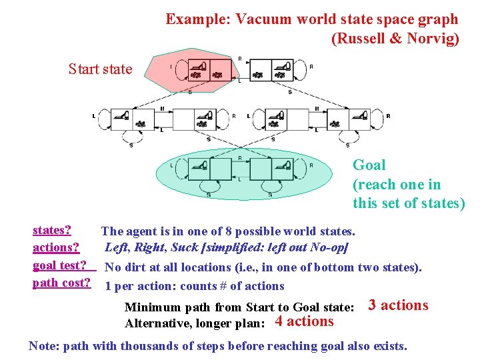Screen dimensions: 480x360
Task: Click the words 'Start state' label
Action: (x=100, y=69)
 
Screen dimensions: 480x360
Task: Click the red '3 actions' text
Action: (x=398, y=305)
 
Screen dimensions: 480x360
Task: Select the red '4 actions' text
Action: (x=304, y=321)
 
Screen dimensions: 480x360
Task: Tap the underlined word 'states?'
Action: (x=53, y=231)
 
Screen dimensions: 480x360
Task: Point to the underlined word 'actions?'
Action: (x=56, y=248)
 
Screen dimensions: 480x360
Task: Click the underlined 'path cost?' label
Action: (x=61, y=283)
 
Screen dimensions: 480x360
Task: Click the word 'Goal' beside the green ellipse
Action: (x=369, y=165)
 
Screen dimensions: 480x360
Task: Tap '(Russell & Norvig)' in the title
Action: (x=395, y=39)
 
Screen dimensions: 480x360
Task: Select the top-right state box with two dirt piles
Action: (x=271, y=70)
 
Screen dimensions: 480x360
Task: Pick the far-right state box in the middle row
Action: (x=350, y=120)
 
